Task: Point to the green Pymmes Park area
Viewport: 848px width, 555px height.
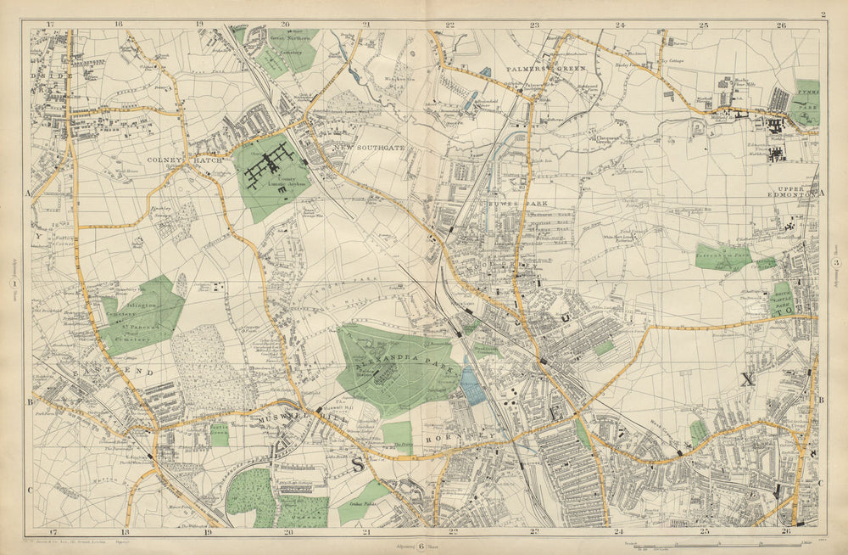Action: pyautogui.click(x=807, y=102)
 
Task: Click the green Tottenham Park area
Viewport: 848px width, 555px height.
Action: pyautogui.click(x=723, y=256)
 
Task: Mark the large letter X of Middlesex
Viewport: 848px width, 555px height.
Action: pyautogui.click(x=747, y=379)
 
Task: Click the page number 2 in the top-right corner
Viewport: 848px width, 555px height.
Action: pyautogui.click(x=823, y=14)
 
